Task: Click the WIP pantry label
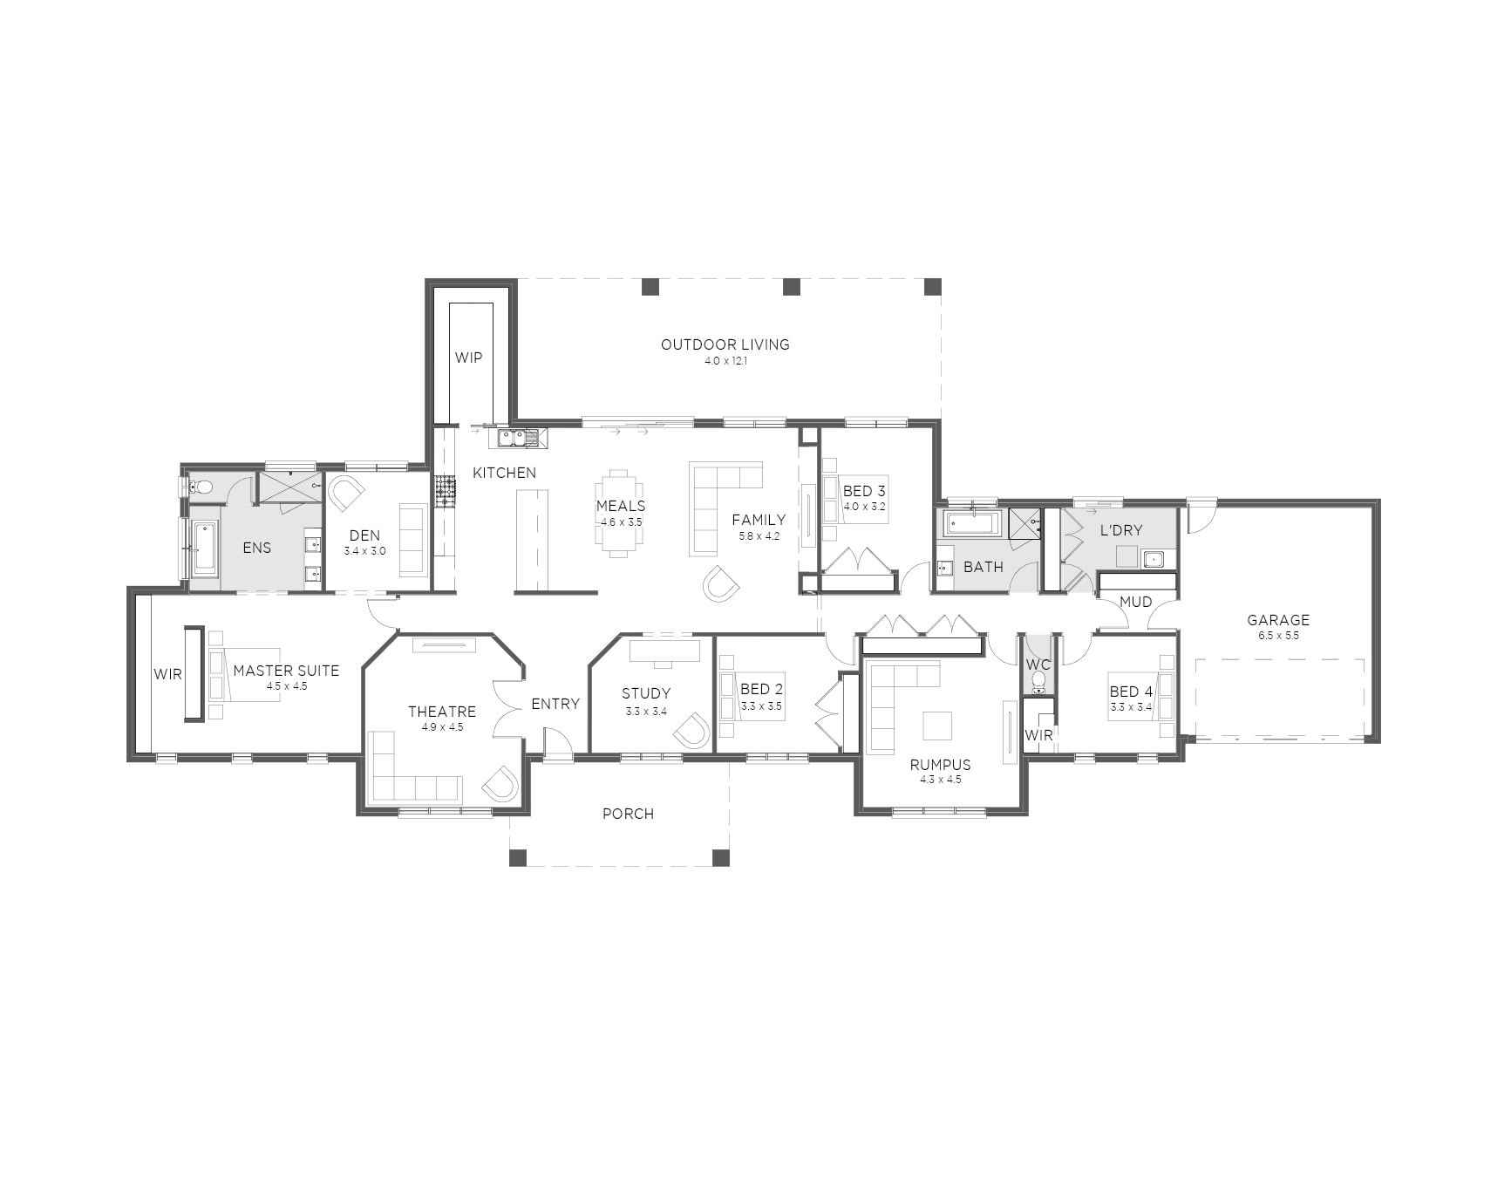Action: pos(468,358)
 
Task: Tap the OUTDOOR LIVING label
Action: pos(725,344)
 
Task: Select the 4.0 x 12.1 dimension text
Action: pos(725,361)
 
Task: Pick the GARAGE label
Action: pos(1278,620)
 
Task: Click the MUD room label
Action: pos(1135,602)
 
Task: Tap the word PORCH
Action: pos(628,814)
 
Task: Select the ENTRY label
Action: pos(555,704)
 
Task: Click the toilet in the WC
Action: pos(1038,684)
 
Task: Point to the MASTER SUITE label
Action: pos(286,671)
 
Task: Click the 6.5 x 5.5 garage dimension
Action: pos(1278,636)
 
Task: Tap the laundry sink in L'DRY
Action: pos(1154,558)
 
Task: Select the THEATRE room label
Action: pos(442,712)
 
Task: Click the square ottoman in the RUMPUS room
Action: pos(938,726)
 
